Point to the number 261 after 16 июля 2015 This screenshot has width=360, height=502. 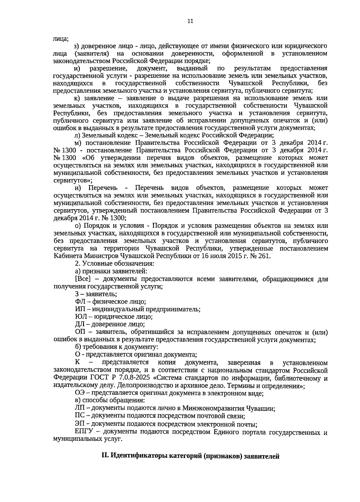(265, 256)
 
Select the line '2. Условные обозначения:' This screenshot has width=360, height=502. (114, 264)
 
